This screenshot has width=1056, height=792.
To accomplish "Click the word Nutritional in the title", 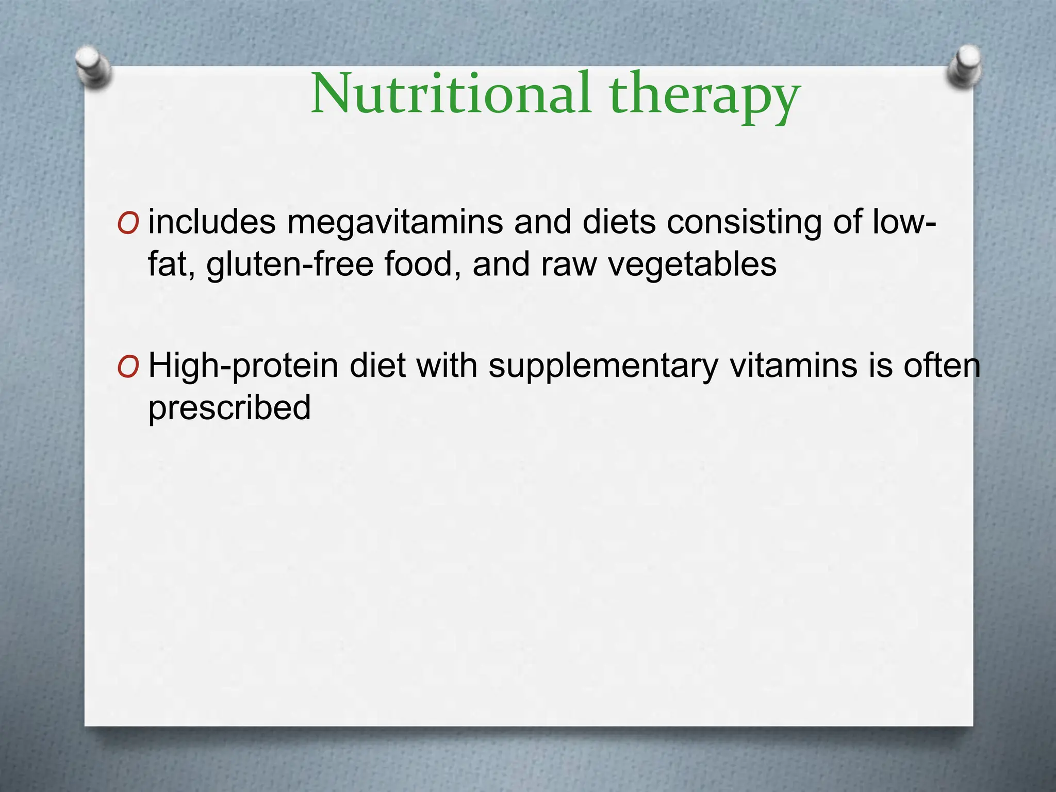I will click(451, 94).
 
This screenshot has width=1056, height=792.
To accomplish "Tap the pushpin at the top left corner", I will click(92, 67).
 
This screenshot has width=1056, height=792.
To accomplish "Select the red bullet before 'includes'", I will click(128, 224).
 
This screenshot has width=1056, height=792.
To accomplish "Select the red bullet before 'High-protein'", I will click(128, 367).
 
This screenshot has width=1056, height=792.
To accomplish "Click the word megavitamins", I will click(395, 223).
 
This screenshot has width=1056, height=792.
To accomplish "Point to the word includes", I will click(212, 222).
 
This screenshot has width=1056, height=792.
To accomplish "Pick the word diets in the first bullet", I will click(619, 222).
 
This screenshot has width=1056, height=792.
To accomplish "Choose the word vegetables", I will click(692, 265).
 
